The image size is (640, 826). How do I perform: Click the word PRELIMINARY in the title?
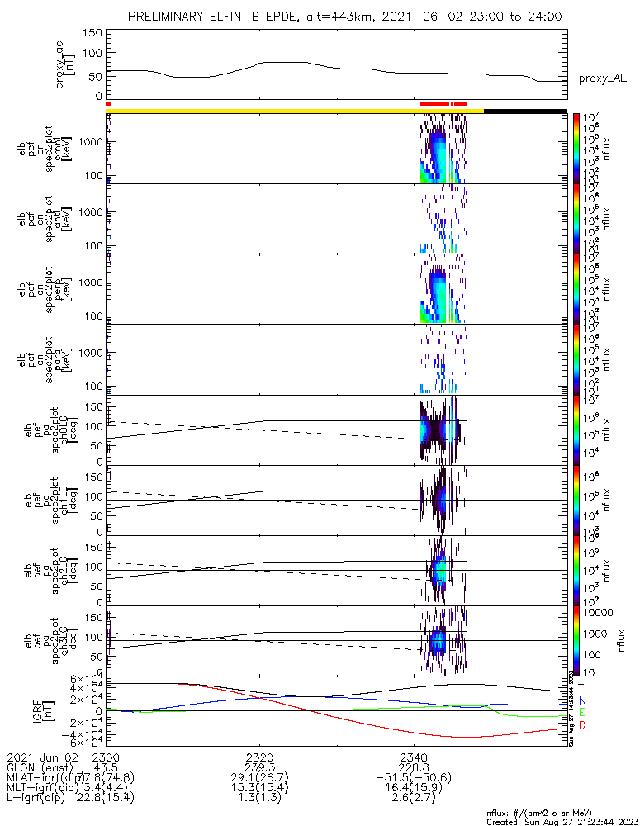[x=167, y=16]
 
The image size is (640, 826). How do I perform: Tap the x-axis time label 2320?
[x=259, y=756]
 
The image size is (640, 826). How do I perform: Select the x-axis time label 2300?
[x=107, y=756]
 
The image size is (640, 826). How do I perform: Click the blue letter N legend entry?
[x=581, y=700]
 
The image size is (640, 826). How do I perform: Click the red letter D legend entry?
[x=581, y=725]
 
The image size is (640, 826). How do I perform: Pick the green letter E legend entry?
[x=581, y=712]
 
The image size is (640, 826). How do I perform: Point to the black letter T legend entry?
[x=581, y=687]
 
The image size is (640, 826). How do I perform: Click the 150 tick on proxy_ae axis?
[x=92, y=33]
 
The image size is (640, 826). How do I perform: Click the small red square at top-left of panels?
[x=108, y=103]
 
